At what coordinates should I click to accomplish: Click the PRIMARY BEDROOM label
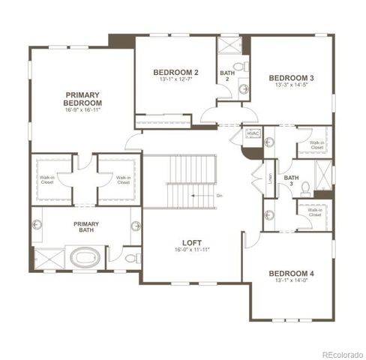[82, 98]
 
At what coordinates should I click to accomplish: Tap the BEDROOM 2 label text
[175, 72]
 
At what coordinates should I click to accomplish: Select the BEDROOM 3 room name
[291, 78]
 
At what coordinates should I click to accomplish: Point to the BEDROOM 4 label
[292, 273]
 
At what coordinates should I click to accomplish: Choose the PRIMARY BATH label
[87, 227]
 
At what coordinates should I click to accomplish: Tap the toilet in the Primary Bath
[131, 258]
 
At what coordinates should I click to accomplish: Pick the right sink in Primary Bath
[136, 226]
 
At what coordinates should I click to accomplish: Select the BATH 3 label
[293, 181]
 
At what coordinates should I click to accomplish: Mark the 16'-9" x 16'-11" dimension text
[82, 109]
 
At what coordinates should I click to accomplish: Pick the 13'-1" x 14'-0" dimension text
[292, 282]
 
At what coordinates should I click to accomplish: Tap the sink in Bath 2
[244, 88]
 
